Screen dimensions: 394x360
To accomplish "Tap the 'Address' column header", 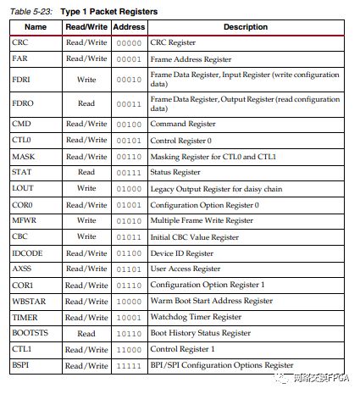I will [129, 26].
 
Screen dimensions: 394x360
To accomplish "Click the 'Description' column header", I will [246, 26].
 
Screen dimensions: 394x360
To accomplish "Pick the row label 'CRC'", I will [20, 42].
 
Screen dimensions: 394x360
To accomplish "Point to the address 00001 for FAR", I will [129, 58].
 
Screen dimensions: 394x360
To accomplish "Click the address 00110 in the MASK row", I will [129, 156].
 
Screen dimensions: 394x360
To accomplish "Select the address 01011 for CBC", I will [129, 236].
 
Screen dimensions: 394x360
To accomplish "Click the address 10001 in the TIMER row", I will [129, 317].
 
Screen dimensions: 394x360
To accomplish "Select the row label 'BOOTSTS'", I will [30, 333].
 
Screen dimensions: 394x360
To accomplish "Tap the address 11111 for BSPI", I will [129, 365].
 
